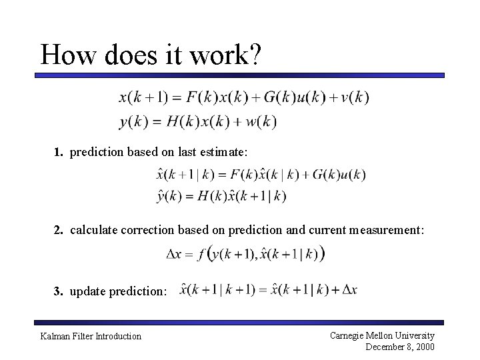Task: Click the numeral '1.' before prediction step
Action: [x=59, y=153]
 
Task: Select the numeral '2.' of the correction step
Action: [x=59, y=230]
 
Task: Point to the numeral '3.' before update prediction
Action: [x=59, y=292]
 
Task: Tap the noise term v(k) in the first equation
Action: [x=354, y=97]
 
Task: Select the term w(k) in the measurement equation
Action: [x=261, y=121]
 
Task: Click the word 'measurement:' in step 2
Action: [x=391, y=230]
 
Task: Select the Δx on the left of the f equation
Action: [x=174, y=254]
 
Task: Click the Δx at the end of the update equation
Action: [x=349, y=289]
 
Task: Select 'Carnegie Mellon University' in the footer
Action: [x=382, y=335]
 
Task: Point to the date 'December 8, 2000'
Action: [x=400, y=347]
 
